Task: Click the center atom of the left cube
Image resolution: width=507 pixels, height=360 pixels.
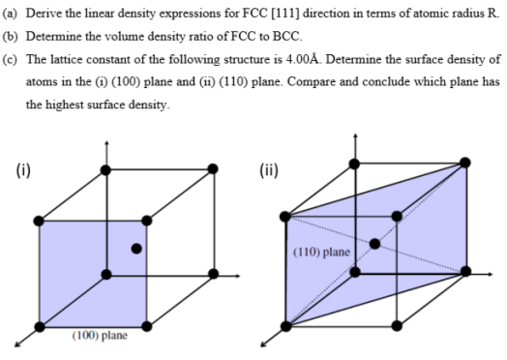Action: [x=136, y=249]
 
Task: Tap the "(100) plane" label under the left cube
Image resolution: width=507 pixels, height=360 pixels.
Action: [x=101, y=336]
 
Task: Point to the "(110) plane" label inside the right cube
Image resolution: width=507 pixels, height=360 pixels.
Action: [x=323, y=253]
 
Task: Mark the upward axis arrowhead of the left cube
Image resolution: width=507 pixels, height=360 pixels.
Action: [x=106, y=146]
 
